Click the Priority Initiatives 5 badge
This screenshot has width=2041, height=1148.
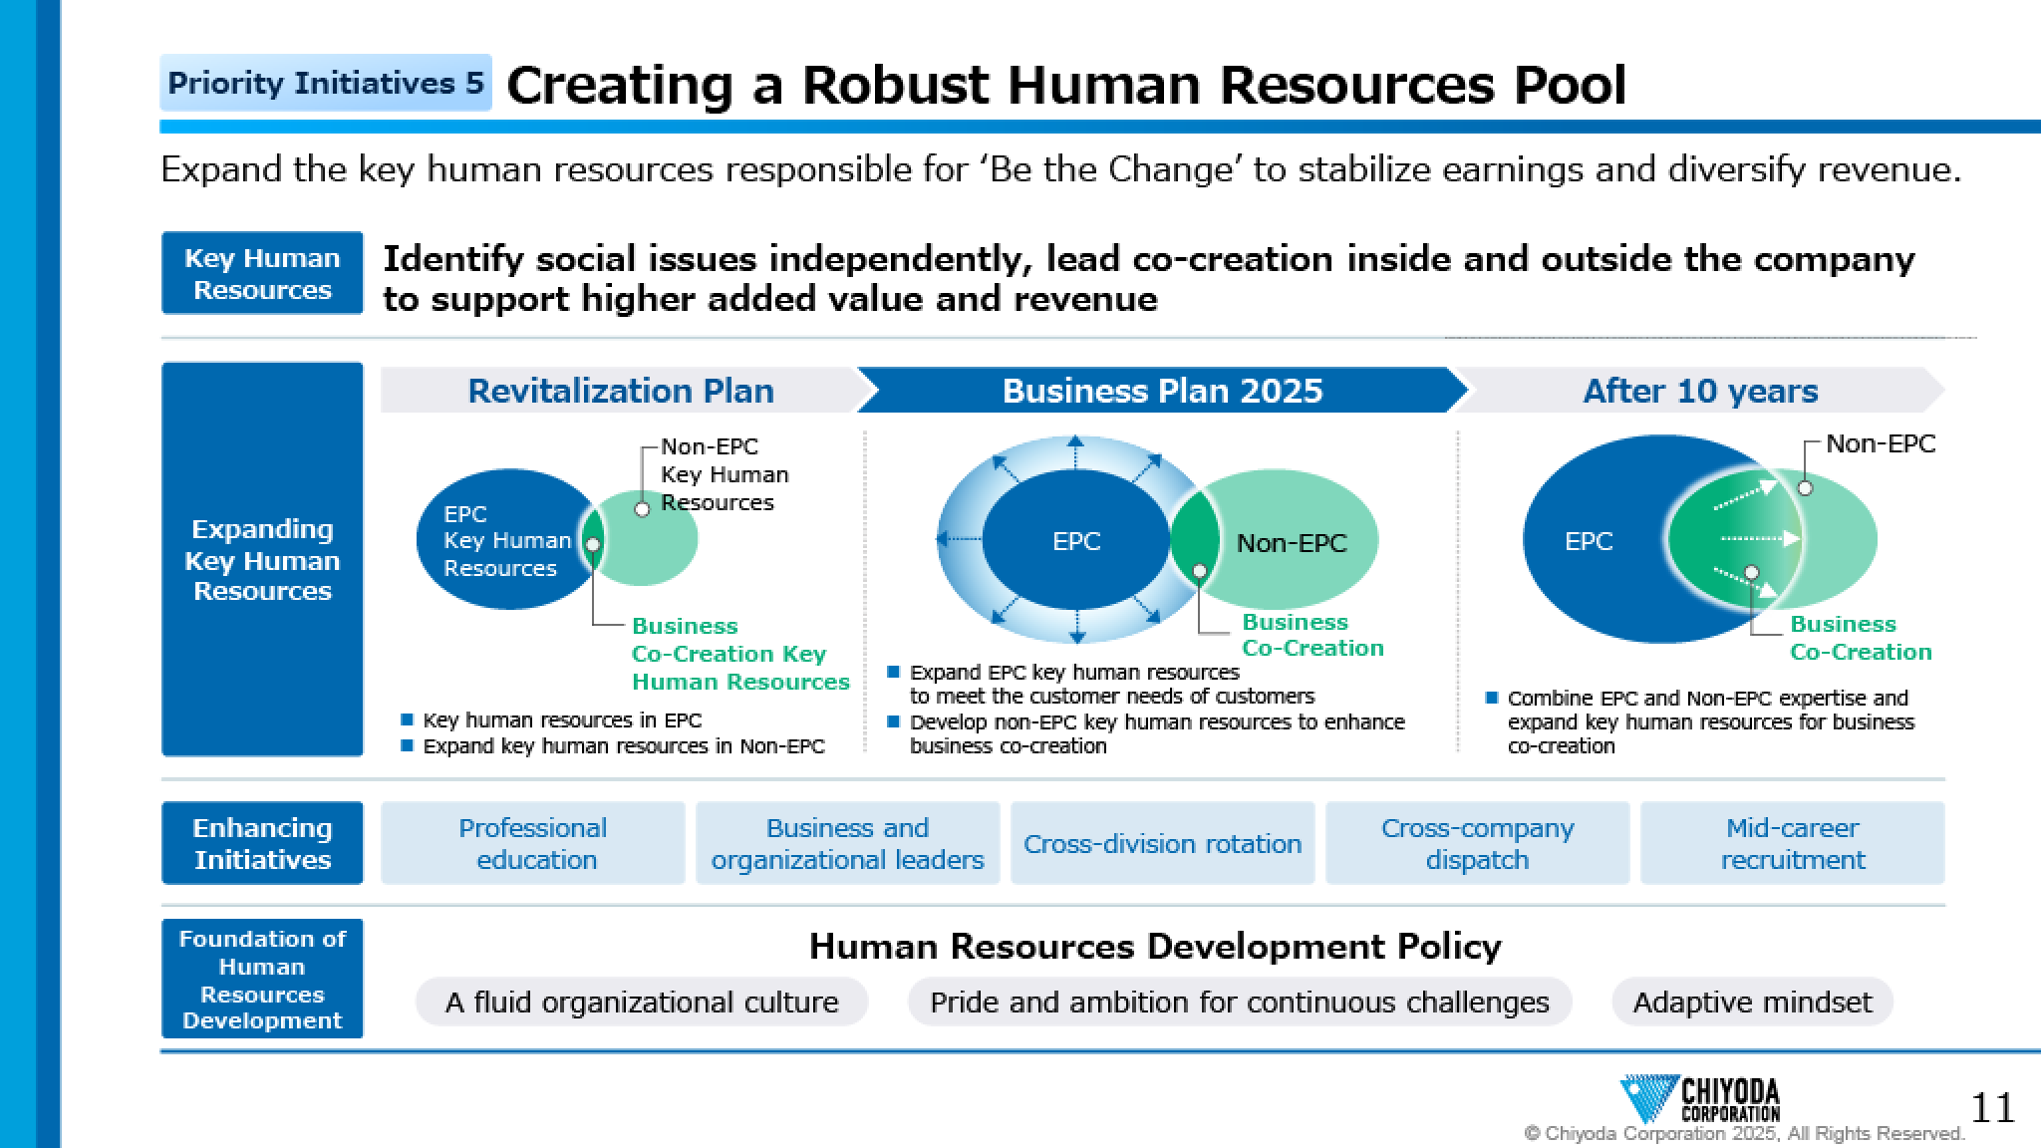pos(326,83)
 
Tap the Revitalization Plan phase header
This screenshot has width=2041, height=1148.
pos(621,391)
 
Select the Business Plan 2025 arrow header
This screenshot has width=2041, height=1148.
pos(1162,391)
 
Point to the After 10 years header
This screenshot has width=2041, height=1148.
pos(1700,391)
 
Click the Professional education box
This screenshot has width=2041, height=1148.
pos(533,843)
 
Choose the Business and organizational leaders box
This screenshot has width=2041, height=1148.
pos(848,843)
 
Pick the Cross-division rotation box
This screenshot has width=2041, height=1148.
pos(1163,843)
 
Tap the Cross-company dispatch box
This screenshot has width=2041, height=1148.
pos(1478,843)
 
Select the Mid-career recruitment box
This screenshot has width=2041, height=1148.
pos(1793,843)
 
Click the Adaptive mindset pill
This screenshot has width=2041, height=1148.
pos(1753,1002)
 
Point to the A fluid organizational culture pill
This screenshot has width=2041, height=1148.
pos(642,1002)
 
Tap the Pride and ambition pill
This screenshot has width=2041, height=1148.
pos(1240,1002)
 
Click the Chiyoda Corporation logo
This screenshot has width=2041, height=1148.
pos(1700,1099)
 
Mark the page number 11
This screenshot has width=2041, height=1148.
pos(1992,1108)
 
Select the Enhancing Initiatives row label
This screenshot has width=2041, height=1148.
pos(262,843)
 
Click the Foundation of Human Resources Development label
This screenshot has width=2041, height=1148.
pos(262,979)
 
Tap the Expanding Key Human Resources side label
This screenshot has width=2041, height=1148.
pos(262,559)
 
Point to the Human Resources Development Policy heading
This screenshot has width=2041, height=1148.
pos(1155,946)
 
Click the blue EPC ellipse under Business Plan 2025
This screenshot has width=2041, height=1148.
pos(1076,540)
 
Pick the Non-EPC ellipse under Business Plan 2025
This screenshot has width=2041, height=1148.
pos(1286,540)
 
